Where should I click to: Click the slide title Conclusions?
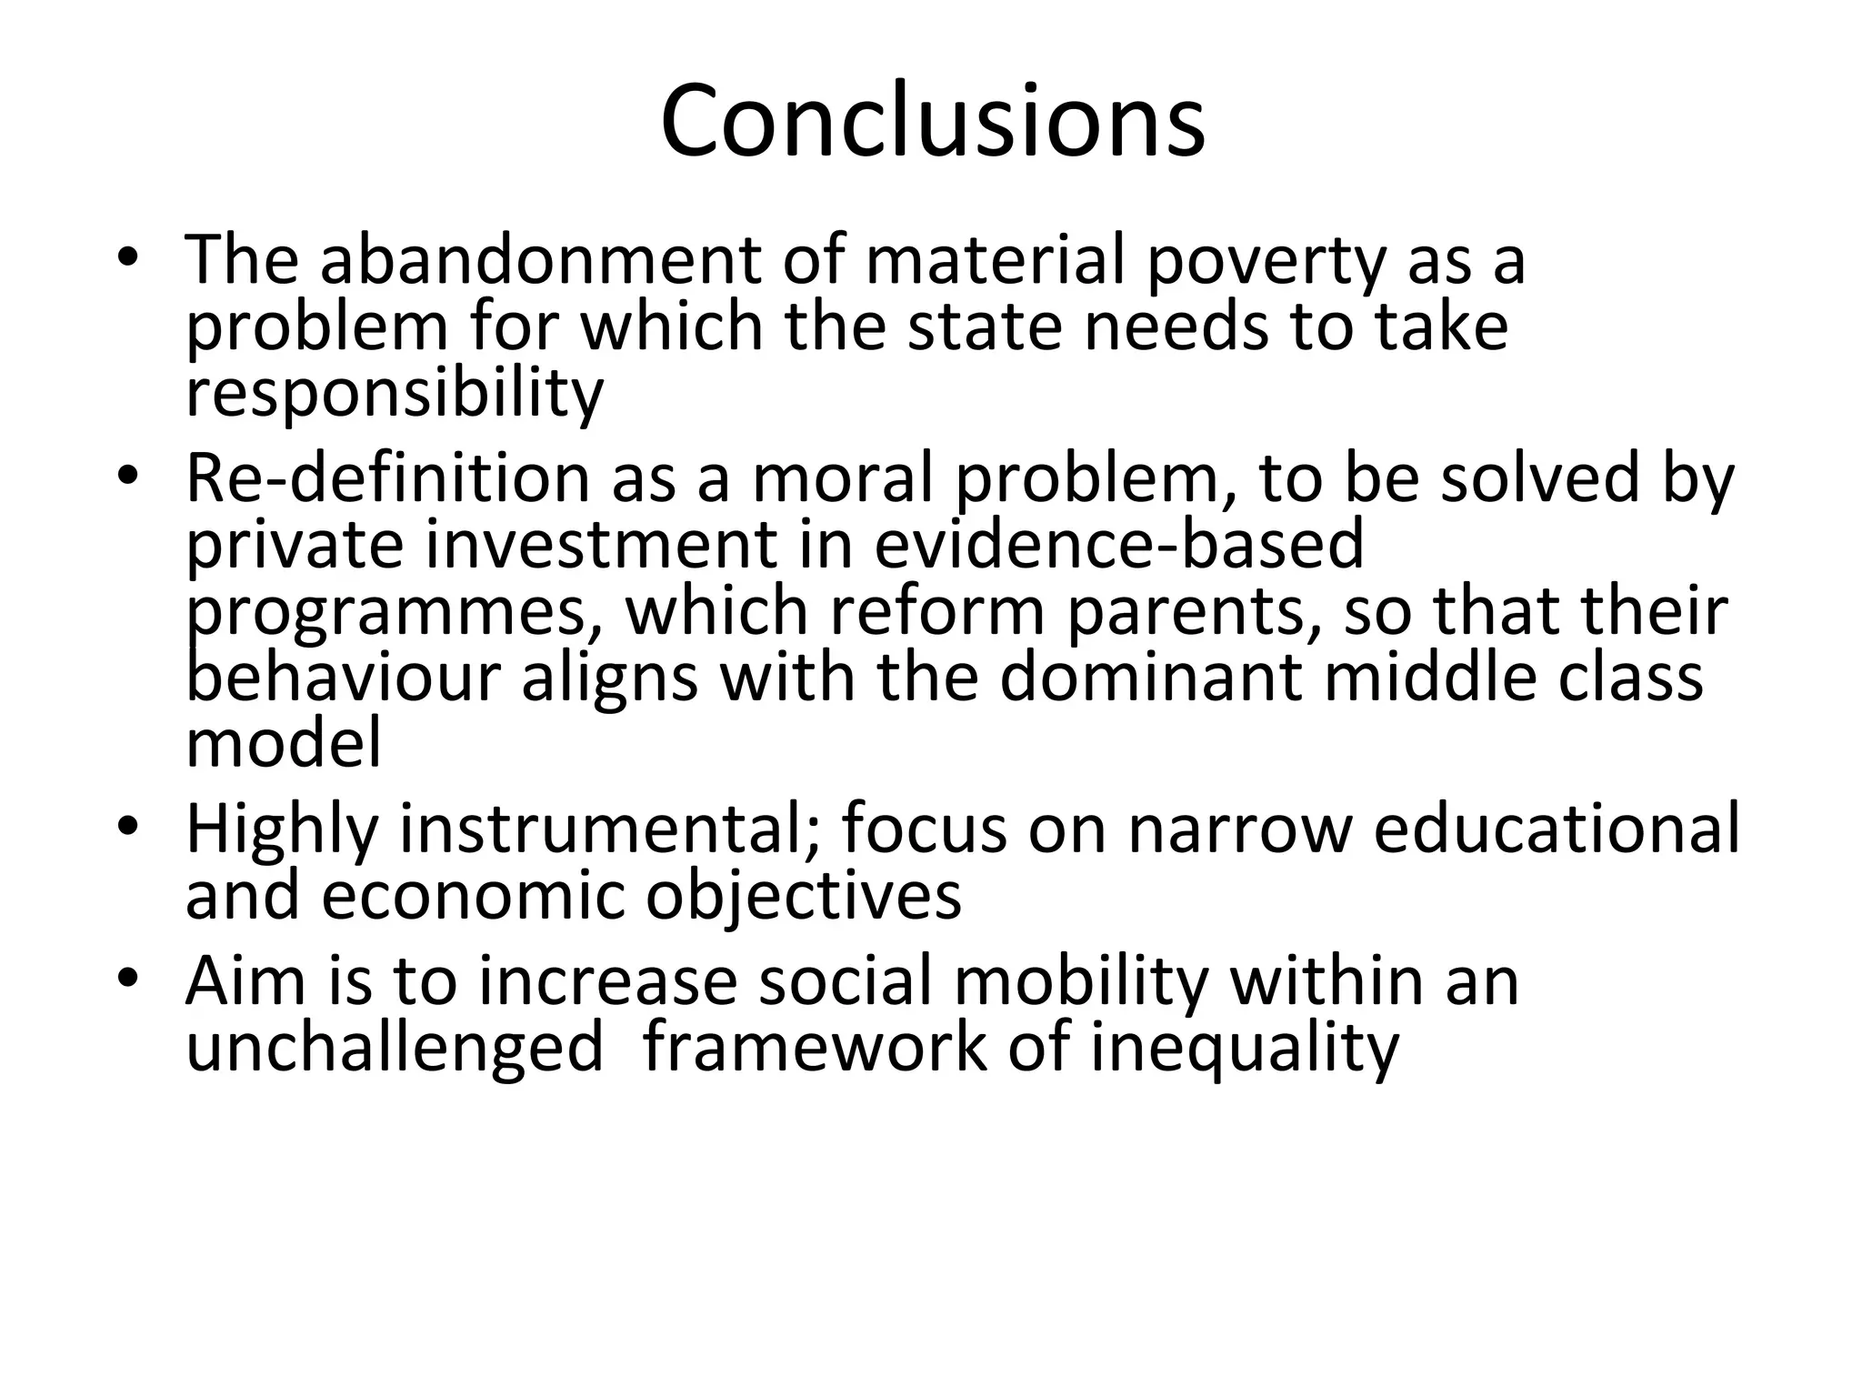tap(932, 121)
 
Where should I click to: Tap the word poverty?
tap(1265, 262)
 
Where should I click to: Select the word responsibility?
tap(395, 394)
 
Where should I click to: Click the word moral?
tap(843, 478)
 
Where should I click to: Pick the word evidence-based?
tap(1119, 544)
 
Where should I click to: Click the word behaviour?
tap(343, 678)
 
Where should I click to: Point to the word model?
tap(283, 744)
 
